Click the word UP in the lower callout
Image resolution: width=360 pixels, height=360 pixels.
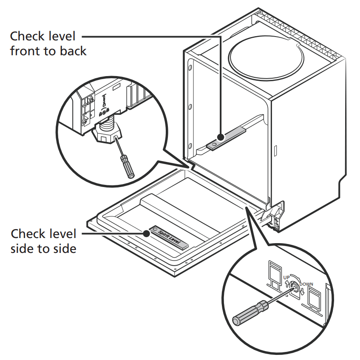[286, 277]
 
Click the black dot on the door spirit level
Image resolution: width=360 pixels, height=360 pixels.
[147, 233]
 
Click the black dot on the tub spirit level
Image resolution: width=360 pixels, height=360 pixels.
[221, 137]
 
